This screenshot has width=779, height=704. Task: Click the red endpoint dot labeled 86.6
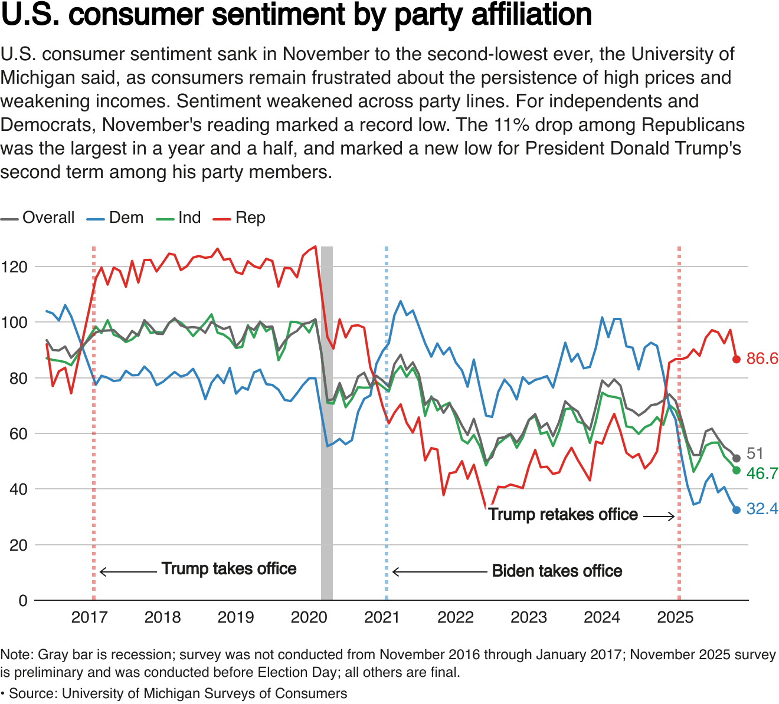[736, 359]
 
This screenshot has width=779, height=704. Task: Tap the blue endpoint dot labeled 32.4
[736, 510]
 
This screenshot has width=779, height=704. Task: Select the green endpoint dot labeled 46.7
[736, 470]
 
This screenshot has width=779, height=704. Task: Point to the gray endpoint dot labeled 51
[736, 458]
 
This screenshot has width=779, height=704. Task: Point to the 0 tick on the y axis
[23, 601]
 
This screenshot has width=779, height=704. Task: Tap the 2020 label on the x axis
[309, 617]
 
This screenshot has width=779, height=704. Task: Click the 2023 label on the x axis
[528, 617]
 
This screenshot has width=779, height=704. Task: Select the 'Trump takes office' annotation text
[229, 569]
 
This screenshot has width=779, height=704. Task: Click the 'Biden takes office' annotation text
[557, 571]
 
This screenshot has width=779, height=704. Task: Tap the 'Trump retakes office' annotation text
[563, 515]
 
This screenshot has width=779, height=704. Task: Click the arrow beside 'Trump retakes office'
[659, 517]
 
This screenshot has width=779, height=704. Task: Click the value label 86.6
[762, 358]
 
